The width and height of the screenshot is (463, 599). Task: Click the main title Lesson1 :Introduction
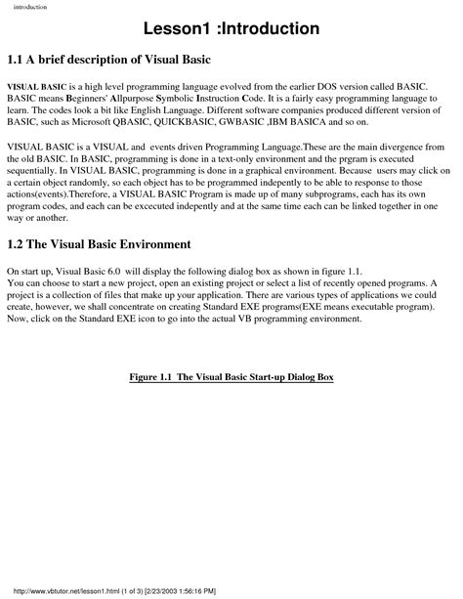231,28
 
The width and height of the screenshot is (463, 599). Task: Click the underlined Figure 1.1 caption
232,376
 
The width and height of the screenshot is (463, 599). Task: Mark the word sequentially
35,172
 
